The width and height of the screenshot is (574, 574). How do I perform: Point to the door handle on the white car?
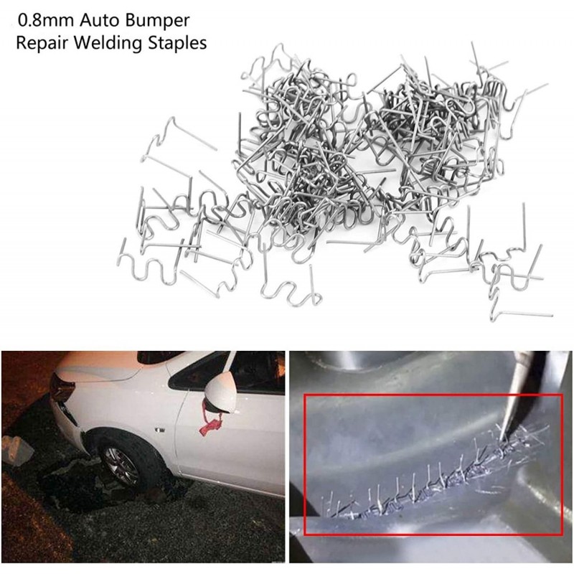coord(160,430)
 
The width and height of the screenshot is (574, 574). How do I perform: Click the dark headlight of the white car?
coord(62,387)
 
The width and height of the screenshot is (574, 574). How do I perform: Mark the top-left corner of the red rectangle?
coord(305,395)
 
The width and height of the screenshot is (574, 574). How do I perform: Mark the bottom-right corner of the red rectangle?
coord(562,534)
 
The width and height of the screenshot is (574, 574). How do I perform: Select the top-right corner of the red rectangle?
coord(562,395)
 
